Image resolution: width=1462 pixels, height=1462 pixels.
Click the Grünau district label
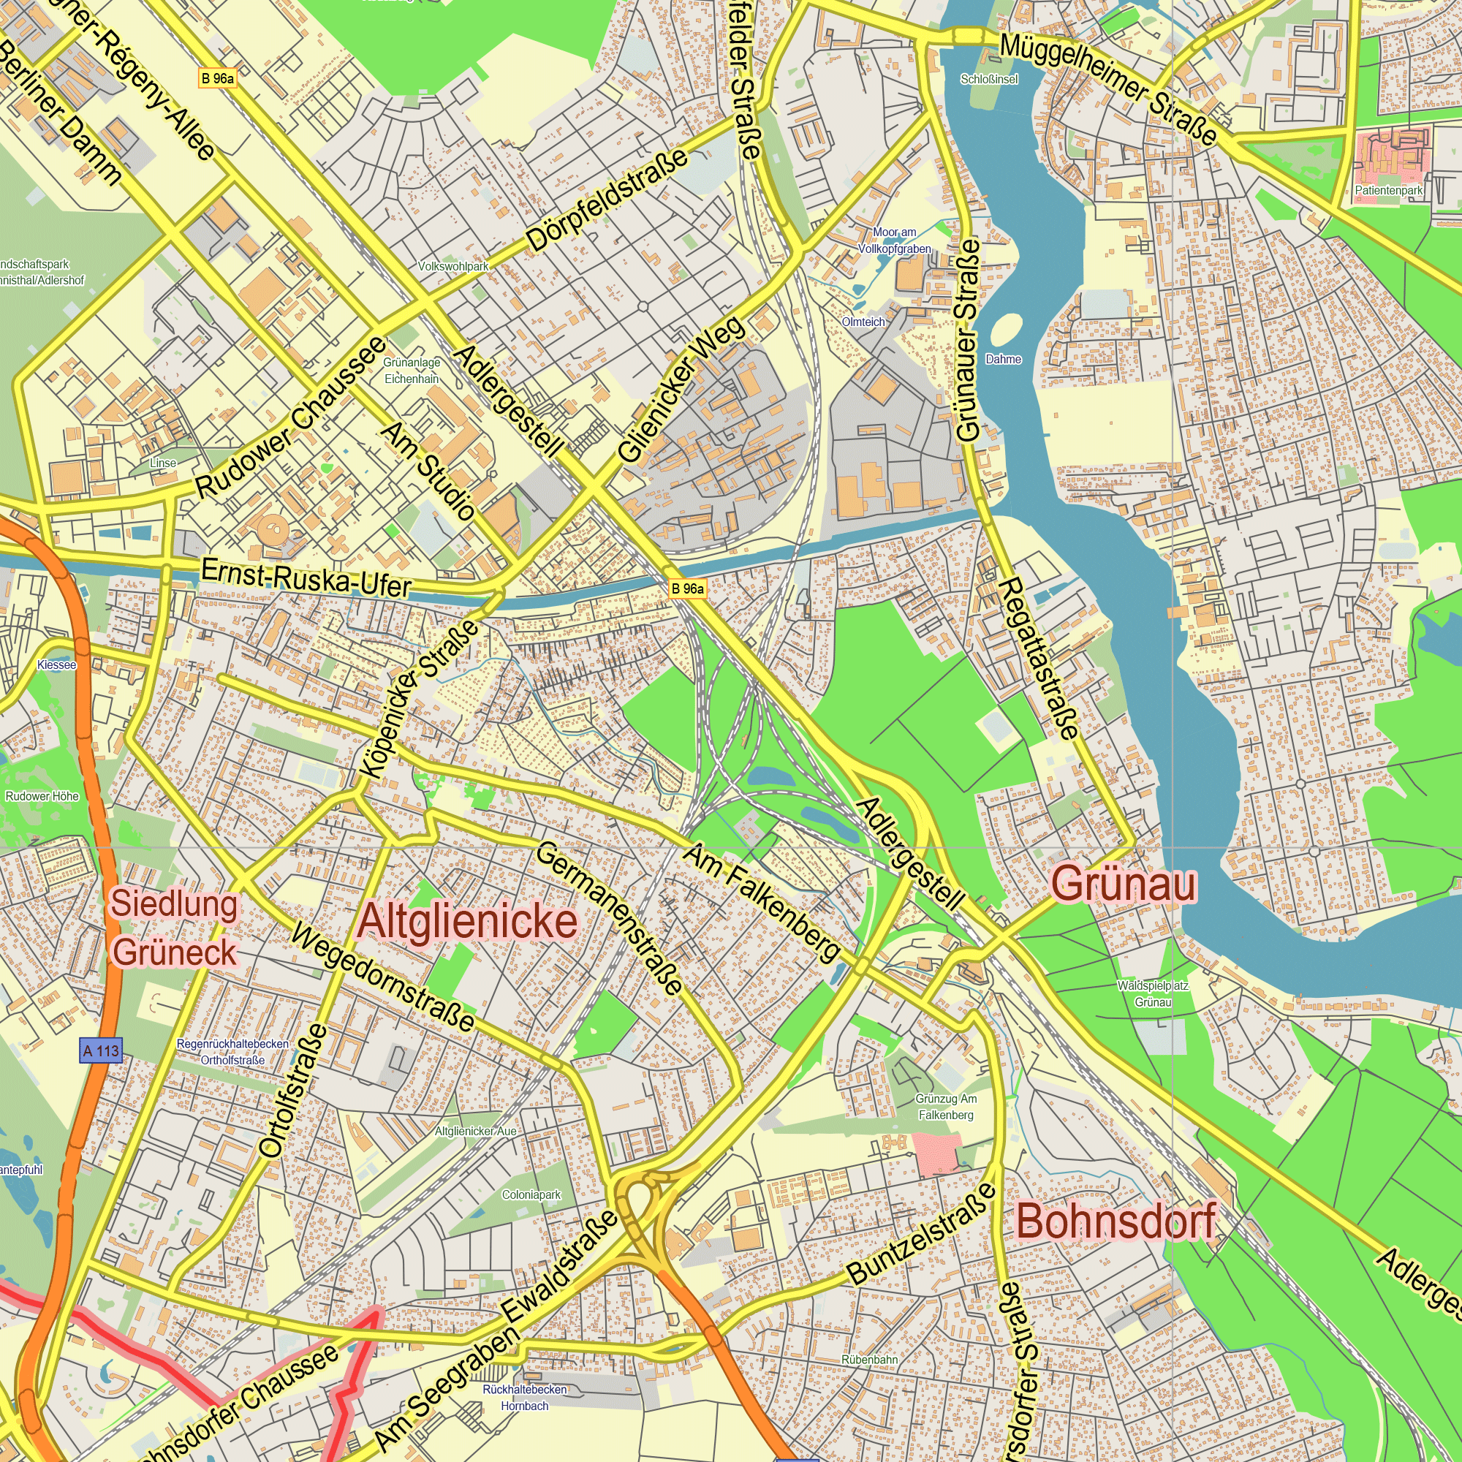1124,884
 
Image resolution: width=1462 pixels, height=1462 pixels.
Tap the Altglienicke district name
468,922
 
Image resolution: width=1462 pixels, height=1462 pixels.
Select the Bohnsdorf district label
1116,1222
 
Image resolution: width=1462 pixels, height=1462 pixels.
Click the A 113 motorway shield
101,1051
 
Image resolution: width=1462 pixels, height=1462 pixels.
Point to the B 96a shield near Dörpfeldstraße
217,78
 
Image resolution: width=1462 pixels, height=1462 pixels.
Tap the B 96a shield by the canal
687,588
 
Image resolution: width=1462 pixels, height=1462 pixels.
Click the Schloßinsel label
989,79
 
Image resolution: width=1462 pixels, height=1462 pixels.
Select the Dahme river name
1004,359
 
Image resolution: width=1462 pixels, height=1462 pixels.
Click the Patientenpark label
1389,190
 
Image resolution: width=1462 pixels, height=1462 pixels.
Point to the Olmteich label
863,322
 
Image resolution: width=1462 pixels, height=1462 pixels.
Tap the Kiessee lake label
57,664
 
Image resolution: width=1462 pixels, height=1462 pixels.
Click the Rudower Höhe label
42,796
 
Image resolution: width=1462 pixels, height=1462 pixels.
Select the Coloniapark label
531,1194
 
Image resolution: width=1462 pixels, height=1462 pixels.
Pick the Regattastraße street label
1039,659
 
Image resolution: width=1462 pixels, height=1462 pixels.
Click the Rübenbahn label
869,1359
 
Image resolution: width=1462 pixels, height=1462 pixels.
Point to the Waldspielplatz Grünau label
1153,993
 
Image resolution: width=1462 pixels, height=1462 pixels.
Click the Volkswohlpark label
453,266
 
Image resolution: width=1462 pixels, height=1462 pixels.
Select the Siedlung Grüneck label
175,928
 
